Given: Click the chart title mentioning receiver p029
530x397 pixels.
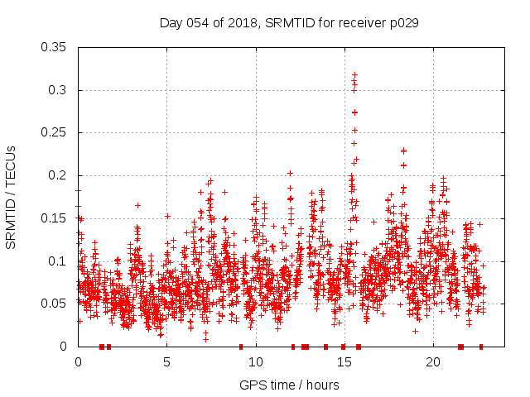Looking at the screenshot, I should tap(288, 23).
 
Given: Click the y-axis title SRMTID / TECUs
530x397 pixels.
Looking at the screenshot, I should tap(11, 197).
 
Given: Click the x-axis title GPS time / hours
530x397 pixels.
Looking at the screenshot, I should tap(289, 385).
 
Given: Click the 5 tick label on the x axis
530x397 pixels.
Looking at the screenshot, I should tap(166, 362).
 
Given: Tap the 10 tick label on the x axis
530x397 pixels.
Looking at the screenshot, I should tap(255, 362).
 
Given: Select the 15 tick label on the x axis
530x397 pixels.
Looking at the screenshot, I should tap(344, 362).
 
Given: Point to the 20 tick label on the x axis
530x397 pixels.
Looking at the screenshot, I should tap(432, 362).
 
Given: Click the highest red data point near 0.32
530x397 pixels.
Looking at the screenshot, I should tap(354, 75).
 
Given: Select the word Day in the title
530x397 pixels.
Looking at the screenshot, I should tap(170, 23).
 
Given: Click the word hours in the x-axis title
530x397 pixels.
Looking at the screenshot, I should tap(321, 385).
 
